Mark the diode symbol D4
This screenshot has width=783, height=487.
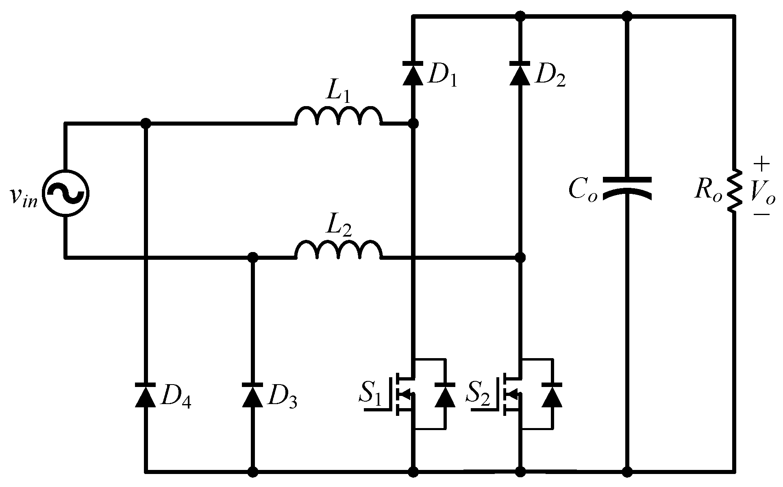pos(145,394)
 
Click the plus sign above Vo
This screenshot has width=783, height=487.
pos(761,165)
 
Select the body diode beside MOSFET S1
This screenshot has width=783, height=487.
pos(445,394)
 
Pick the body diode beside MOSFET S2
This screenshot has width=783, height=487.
pos(552,394)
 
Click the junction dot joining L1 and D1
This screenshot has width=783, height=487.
pos(413,123)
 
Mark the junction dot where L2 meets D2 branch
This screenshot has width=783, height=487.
pos(520,257)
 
